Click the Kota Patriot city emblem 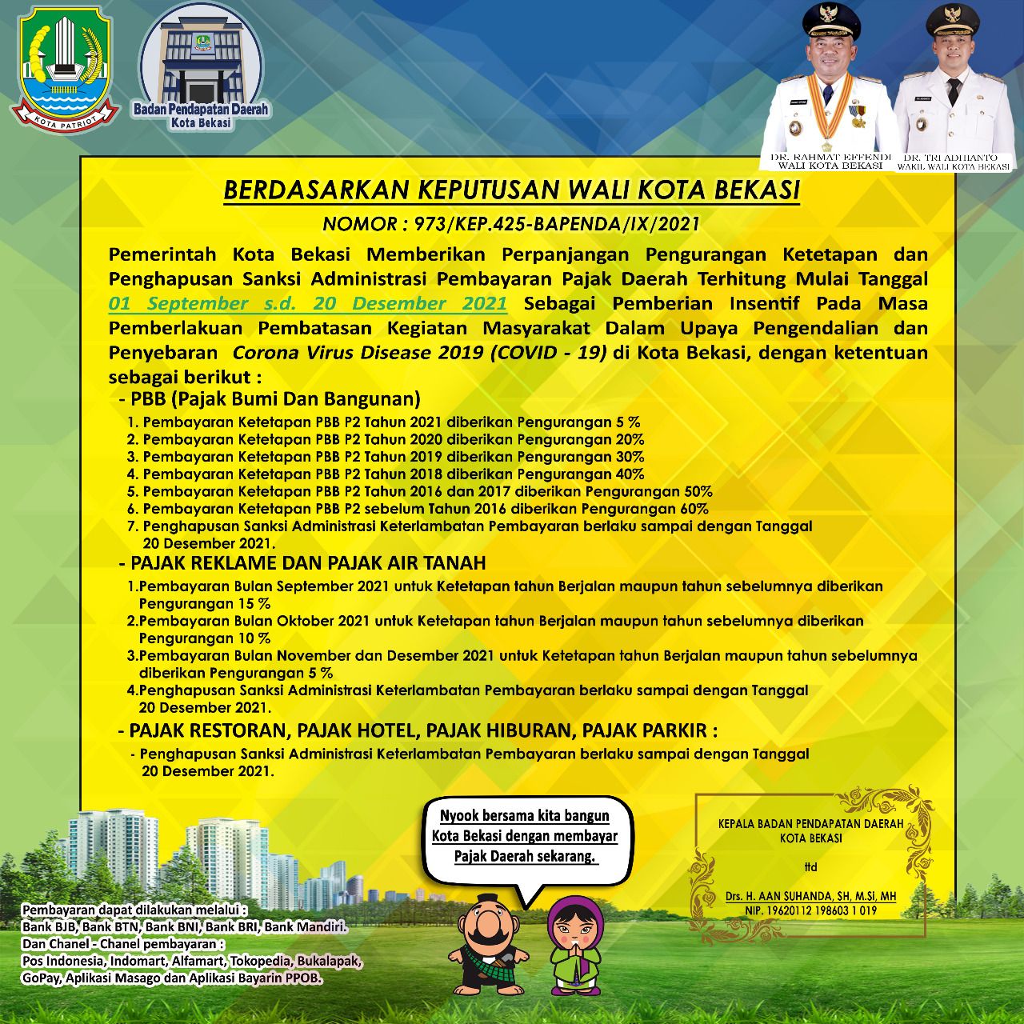click(x=66, y=67)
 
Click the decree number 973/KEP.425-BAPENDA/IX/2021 click(x=511, y=224)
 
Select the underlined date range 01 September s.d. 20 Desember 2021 click(x=308, y=304)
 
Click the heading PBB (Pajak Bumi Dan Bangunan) click(x=276, y=398)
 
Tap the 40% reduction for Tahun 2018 click(x=630, y=474)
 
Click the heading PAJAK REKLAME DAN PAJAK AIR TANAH click(x=308, y=562)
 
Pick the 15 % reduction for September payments click(x=253, y=604)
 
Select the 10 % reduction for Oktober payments click(x=253, y=638)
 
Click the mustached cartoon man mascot click(x=484, y=945)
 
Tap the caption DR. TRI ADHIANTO click(x=953, y=158)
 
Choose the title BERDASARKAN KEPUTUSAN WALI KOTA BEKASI click(x=511, y=190)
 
